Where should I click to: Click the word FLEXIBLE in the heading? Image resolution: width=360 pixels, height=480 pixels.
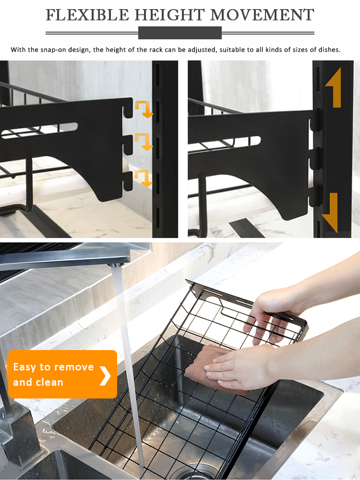[x=88, y=15]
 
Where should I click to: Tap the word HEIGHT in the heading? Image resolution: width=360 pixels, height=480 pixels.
[x=170, y=15]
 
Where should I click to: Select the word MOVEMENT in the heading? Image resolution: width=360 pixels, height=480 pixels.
[x=262, y=15]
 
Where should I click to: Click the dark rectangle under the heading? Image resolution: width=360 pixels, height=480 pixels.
[x=180, y=33]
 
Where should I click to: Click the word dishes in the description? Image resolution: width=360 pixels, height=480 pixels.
[x=329, y=49]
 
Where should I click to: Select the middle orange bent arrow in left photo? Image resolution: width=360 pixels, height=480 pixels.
[x=144, y=141]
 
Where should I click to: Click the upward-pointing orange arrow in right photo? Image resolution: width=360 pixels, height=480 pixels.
[x=335, y=88]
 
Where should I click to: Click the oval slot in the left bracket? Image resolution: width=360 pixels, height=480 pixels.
[x=39, y=131]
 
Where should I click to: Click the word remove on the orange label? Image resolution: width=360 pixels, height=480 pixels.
[x=74, y=367]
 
